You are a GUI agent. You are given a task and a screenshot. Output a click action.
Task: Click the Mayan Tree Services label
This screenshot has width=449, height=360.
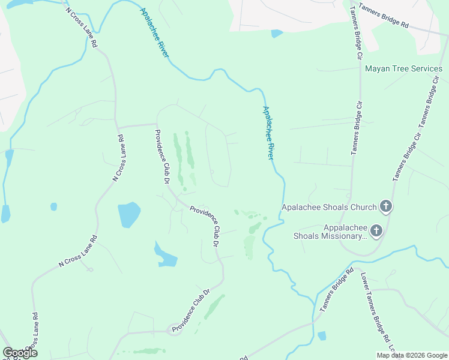click(x=403, y=69)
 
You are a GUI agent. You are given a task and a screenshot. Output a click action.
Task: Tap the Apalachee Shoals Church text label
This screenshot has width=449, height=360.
click(x=329, y=208)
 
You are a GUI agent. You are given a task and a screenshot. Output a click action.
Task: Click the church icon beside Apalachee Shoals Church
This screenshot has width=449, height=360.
click(x=386, y=207)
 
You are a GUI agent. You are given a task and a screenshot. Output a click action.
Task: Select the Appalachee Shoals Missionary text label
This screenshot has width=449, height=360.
click(x=329, y=232)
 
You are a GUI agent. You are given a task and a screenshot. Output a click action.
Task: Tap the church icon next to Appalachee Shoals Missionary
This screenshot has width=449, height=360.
click(x=376, y=230)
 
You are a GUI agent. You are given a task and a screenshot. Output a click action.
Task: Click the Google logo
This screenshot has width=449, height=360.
click(x=19, y=353)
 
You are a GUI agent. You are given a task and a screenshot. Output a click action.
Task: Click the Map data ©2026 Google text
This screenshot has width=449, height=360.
click(x=412, y=355)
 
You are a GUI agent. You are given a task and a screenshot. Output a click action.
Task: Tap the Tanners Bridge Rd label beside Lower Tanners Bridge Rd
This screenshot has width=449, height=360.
click(x=336, y=290)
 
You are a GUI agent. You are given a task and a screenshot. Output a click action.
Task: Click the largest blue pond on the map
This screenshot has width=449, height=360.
click(x=129, y=214)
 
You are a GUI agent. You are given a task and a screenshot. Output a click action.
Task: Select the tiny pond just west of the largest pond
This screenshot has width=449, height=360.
click(x=53, y=206)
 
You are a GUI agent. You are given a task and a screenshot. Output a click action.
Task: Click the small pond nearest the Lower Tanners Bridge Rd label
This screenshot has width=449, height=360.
click(x=322, y=335)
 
